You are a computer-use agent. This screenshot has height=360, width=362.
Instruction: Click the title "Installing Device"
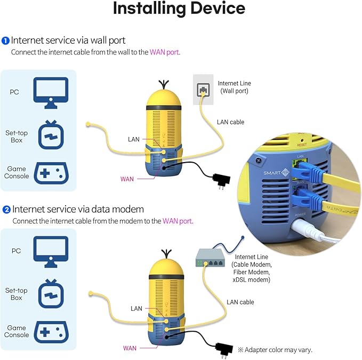pos(179,9)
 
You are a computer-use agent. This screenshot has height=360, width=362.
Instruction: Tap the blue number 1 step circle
pos(5,41)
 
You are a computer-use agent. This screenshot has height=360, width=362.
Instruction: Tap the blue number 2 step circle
pos(6,210)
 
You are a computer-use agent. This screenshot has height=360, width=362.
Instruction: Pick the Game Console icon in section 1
pos(51,173)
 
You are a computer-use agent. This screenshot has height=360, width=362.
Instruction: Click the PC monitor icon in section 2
pos(51,250)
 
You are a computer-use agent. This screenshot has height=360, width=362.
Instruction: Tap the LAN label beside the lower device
pos(136,308)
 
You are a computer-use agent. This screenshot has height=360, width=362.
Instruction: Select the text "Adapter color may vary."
pos(278,350)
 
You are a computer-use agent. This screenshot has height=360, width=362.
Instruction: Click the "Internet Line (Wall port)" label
pos(234,87)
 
